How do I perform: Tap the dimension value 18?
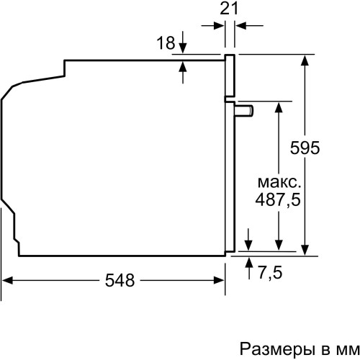coord(166,43)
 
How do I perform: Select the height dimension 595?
coord(326,147)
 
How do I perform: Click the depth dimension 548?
coord(119,281)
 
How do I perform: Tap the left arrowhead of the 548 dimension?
coord(9,281)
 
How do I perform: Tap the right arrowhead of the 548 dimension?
coord(221,281)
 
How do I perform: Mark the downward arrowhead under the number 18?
coord(181,48)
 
